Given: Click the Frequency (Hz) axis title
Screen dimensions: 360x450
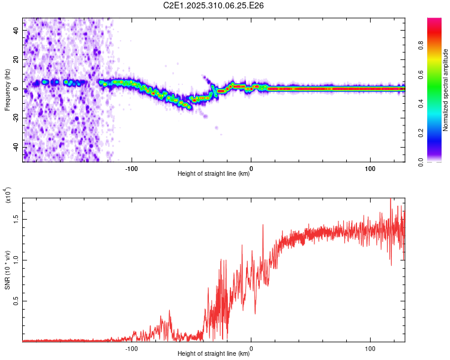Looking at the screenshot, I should [x=7, y=90].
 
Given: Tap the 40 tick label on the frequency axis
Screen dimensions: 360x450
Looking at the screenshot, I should [x=16, y=30].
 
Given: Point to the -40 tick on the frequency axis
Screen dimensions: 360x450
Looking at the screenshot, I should [x=15, y=147].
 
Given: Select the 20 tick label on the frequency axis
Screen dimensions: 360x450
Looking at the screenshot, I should [x=16, y=59].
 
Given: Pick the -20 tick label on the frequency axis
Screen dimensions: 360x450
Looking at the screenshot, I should [x=15, y=118].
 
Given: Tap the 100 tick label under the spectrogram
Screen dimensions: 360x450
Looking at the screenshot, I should [x=370, y=167].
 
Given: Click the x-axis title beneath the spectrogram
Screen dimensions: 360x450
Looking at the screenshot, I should [x=214, y=174].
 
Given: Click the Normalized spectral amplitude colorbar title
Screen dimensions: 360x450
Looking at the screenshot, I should [x=445, y=90].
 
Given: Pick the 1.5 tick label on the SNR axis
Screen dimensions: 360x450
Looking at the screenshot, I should [x=16, y=220].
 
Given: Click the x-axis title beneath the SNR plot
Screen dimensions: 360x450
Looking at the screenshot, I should [x=214, y=354].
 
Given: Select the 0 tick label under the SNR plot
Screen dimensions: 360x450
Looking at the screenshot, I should [x=251, y=347].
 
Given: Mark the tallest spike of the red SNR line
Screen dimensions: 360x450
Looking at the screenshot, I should [x=391, y=199].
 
